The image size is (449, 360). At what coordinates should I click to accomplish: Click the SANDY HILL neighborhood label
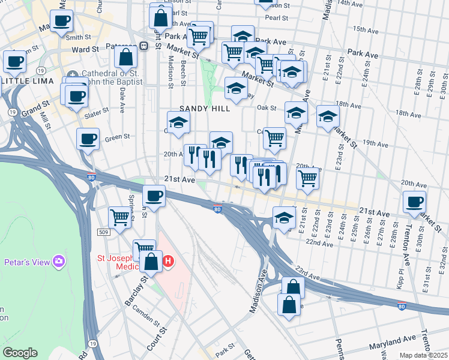[205, 109]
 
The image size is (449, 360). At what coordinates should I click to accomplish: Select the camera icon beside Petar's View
[59, 261]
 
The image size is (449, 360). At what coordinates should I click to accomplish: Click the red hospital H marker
[169, 262]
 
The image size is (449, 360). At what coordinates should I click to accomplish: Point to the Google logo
[20, 353]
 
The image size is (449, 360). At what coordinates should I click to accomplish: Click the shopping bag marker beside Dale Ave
[127, 58]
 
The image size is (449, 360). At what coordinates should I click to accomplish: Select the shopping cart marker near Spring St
[120, 218]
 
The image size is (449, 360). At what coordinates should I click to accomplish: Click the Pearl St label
[277, 18]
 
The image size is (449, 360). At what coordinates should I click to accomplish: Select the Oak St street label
[266, 108]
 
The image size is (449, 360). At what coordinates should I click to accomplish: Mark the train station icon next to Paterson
[143, 46]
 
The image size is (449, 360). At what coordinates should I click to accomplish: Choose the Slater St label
[96, 114]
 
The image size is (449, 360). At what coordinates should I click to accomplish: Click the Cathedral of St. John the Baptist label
[109, 78]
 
